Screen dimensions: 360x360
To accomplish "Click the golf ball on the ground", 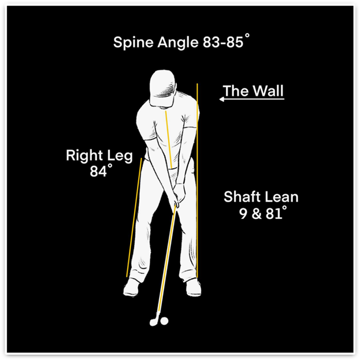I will (164, 321).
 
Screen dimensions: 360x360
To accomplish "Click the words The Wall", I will (253, 91).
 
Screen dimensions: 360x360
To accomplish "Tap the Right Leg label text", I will (99, 155).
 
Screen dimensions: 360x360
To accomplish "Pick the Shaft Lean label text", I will (261, 196).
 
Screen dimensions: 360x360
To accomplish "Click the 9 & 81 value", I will (262, 213).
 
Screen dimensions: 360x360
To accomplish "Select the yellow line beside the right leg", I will (134, 220).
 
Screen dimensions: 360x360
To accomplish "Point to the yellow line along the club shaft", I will (166, 260).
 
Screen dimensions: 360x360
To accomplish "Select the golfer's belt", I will (172, 169).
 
